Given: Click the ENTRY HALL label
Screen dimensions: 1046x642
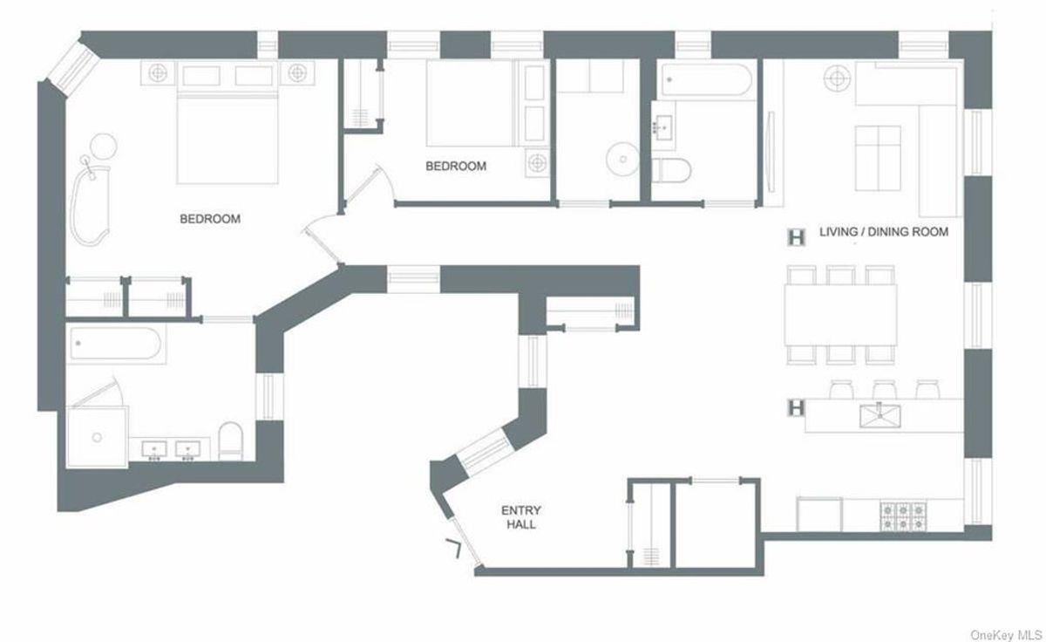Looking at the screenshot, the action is [x=520, y=517].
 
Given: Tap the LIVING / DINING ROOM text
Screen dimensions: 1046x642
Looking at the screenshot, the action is [x=884, y=232].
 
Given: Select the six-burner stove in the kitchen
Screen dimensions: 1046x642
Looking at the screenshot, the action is [x=904, y=516].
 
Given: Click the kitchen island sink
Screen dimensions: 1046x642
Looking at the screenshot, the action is [x=880, y=415].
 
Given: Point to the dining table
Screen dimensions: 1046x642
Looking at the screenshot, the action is [x=840, y=315].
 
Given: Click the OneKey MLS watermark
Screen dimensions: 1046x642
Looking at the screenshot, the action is [x=1006, y=635].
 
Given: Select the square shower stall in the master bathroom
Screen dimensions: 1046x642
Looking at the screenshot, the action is [x=97, y=437].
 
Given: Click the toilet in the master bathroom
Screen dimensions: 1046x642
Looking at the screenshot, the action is [x=231, y=441].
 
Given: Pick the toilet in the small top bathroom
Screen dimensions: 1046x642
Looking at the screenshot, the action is [x=671, y=171].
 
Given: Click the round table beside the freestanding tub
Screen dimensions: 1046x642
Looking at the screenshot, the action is [x=103, y=147].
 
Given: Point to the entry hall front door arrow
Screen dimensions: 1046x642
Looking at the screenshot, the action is [x=454, y=548].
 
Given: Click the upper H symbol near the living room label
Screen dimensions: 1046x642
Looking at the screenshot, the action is [x=796, y=237].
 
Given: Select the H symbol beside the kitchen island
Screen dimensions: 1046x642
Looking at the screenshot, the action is [x=796, y=408].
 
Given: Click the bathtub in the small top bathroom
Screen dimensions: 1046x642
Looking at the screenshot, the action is [x=707, y=80].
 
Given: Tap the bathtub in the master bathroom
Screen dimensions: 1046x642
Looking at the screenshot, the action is [x=115, y=344].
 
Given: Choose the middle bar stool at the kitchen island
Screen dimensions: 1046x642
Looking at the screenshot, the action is [x=885, y=390].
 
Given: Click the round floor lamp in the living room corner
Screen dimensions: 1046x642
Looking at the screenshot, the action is [x=837, y=78].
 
